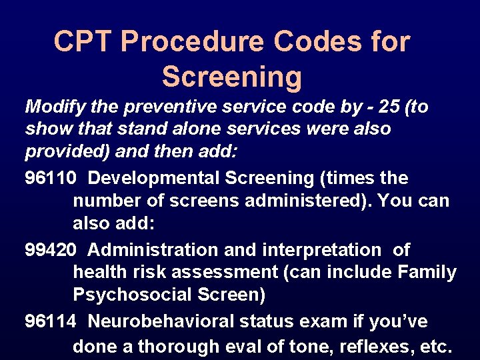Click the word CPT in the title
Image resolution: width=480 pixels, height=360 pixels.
click(83, 42)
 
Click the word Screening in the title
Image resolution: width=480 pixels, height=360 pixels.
click(231, 77)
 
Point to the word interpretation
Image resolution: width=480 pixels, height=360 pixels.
click(313, 250)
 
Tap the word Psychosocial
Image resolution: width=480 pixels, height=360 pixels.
click(131, 293)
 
